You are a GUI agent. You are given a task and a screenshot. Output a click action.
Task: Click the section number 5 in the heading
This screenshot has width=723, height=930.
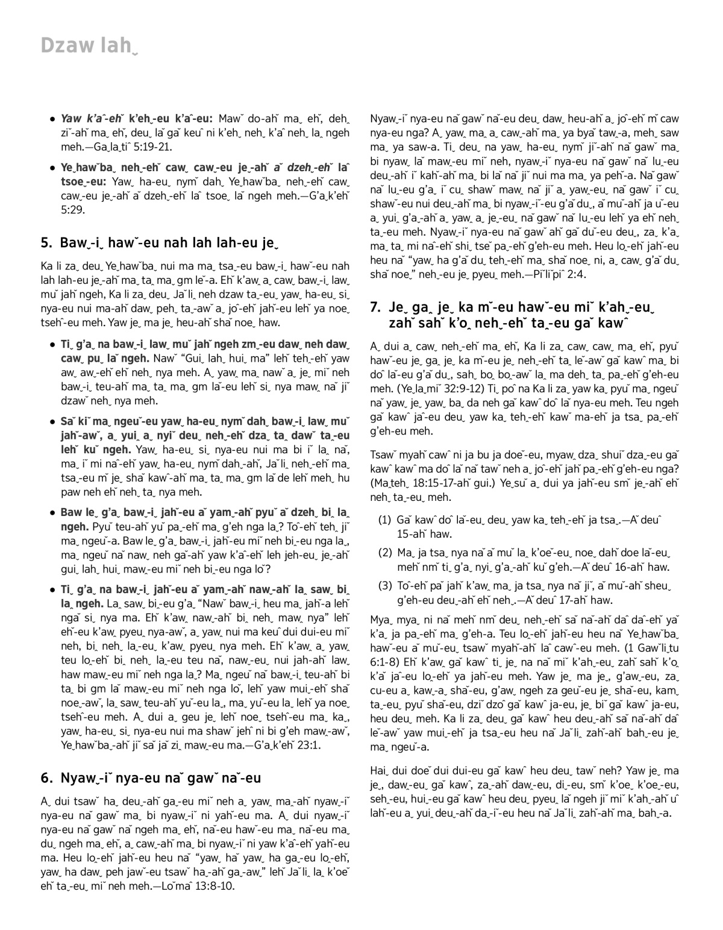click(46, 243)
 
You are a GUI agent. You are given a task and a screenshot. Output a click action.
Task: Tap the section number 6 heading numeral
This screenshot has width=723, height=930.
click(46, 778)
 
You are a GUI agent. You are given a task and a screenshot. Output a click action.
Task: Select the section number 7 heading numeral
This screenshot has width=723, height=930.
click(375, 308)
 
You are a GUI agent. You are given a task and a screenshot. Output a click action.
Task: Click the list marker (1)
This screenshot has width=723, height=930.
click(385, 520)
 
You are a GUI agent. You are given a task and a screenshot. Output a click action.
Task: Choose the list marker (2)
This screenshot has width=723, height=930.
click(385, 553)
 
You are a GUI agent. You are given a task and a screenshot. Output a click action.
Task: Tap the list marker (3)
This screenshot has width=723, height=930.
click(385, 586)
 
